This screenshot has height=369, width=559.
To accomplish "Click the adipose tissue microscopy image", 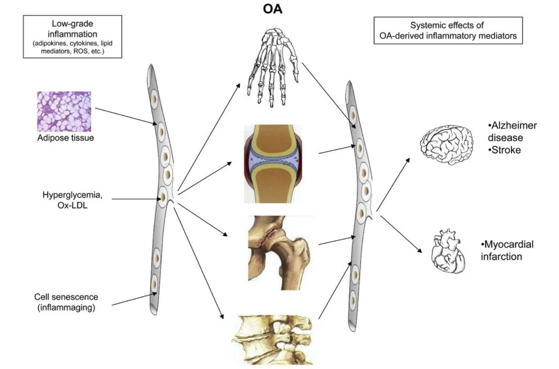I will [64, 111].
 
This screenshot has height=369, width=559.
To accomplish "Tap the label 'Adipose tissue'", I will [64, 138].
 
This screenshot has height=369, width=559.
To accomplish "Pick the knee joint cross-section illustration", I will [273, 163].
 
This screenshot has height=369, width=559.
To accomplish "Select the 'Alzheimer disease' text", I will [512, 131].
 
